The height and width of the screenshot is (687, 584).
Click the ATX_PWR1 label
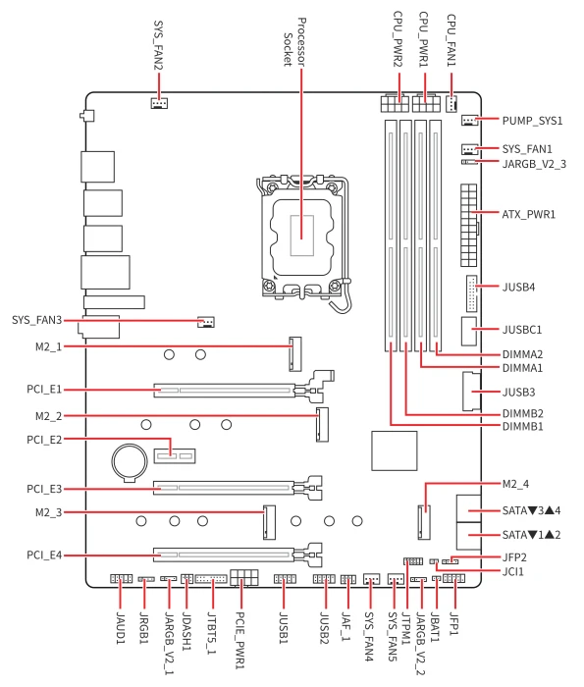point(528,214)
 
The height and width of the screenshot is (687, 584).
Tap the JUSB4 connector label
point(518,287)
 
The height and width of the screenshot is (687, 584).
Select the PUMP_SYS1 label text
point(532,121)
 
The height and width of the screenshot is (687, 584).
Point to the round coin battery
point(130,462)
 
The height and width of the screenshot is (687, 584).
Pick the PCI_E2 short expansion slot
point(175,456)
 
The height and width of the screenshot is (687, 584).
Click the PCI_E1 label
point(44,389)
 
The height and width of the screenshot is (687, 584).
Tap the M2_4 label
point(515,484)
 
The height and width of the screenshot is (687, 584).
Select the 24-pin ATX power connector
point(468,225)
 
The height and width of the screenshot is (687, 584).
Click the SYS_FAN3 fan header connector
point(206,322)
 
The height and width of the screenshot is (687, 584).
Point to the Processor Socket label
point(294,42)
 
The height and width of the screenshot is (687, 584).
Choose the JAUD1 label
point(121,628)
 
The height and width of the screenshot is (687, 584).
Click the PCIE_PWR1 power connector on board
point(244,577)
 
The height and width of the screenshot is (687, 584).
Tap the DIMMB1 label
point(522,426)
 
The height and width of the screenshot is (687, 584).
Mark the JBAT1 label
point(435,627)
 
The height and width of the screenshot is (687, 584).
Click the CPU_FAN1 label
point(451,40)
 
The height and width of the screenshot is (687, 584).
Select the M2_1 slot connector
point(295,354)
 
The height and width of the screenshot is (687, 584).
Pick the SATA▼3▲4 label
point(531,510)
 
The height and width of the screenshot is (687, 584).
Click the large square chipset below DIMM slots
point(395,450)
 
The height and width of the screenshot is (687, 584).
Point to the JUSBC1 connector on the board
point(469,331)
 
